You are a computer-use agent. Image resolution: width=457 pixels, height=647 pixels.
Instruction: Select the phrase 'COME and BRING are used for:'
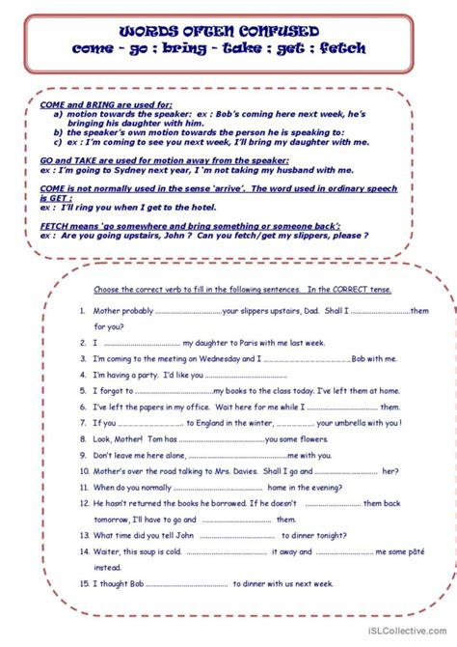coord(93,102)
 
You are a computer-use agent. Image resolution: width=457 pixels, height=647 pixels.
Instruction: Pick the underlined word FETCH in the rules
coord(55,225)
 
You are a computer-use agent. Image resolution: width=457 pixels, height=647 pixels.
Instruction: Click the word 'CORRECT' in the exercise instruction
coord(357,290)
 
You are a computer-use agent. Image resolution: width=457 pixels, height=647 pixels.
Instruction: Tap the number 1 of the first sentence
coord(84,311)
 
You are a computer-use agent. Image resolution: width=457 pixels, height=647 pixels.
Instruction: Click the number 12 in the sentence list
coord(84,503)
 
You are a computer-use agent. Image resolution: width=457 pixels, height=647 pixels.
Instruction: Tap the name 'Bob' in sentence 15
coord(152,583)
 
